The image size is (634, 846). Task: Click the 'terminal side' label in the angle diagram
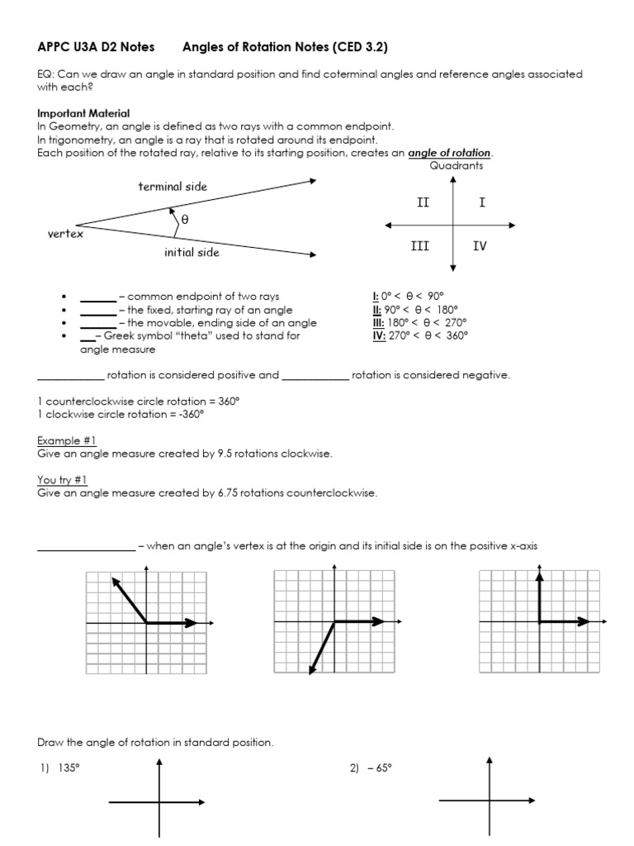[173, 187]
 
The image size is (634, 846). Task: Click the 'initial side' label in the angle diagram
[192, 252]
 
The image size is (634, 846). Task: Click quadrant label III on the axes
[419, 245]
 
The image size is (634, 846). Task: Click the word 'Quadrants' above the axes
[457, 165]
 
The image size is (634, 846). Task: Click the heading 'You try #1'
[63, 480]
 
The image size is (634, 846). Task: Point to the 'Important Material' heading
[83, 113]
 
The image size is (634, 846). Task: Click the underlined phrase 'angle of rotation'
[450, 153]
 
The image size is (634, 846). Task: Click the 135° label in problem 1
[68, 768]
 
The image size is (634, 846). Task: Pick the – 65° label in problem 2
[379, 768]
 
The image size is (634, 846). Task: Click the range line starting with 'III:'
[419, 322]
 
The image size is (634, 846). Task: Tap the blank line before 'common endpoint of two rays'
[97, 297]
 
